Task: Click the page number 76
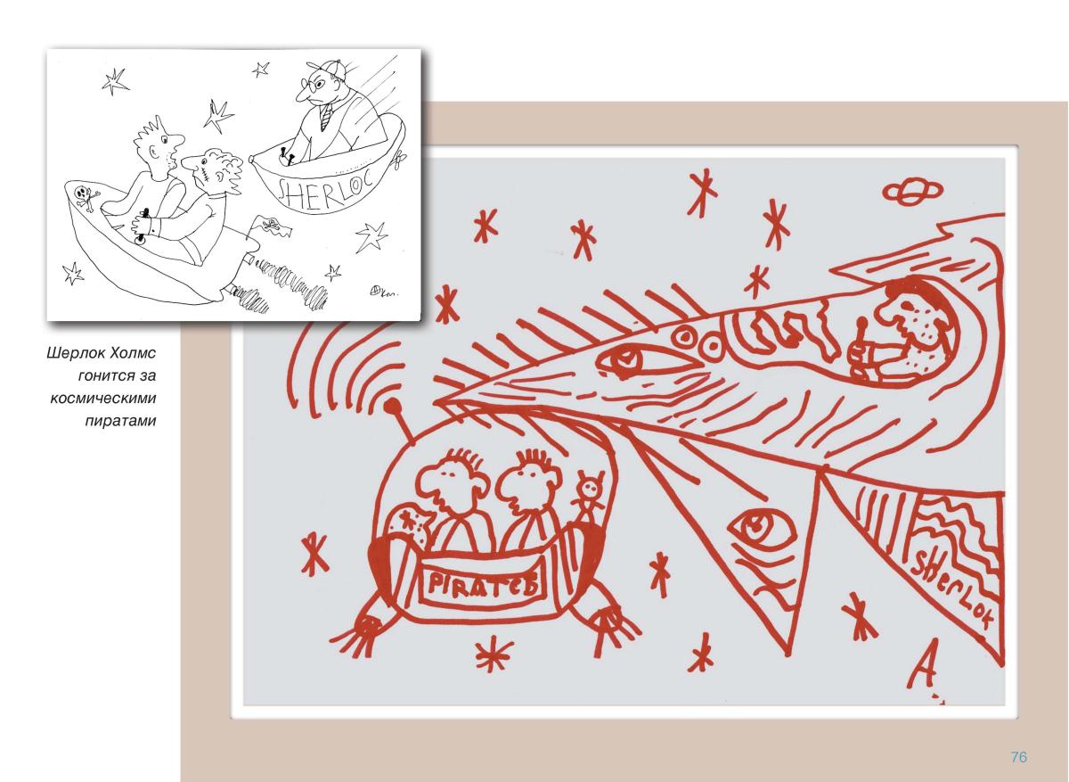click(1019, 757)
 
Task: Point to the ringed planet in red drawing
click(912, 191)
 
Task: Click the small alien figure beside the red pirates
click(589, 498)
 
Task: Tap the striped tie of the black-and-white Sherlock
click(326, 118)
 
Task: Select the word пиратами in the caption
click(121, 422)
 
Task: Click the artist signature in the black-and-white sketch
click(383, 291)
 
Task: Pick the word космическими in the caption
click(103, 399)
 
